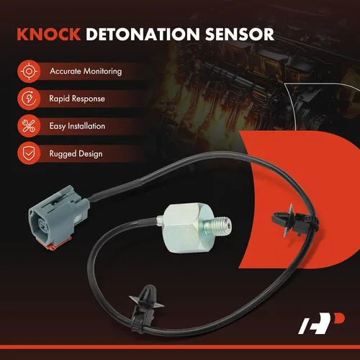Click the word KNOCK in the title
click(49, 34)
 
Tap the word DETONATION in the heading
click(143, 34)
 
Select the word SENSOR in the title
click(239, 34)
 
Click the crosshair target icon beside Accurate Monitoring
click(29, 71)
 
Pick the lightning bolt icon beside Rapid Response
click(29, 99)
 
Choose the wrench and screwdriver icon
click(29, 126)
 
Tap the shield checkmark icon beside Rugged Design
click(29, 153)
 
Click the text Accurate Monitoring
click(86, 71)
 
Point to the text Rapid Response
click(77, 99)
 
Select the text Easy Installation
click(77, 126)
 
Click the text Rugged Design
click(76, 154)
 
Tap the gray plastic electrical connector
click(58, 217)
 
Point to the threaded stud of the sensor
click(217, 226)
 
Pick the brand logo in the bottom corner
click(321, 323)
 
